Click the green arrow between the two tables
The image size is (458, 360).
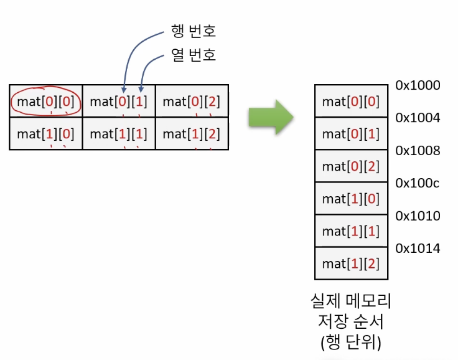[271, 116]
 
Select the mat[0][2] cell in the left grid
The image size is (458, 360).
[192, 102]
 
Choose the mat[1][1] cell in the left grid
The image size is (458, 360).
[119, 133]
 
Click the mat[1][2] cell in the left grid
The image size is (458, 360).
[192, 133]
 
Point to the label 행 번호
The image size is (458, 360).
[194, 31]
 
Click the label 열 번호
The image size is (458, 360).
[194, 55]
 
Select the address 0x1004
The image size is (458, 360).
[418, 118]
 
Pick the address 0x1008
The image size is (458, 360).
[418, 151]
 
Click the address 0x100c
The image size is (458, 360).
[418, 184]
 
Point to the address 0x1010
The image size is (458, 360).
[418, 216]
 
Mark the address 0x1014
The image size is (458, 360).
[418, 249]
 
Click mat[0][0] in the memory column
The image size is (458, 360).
[351, 101]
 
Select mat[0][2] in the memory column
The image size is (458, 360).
[351, 166]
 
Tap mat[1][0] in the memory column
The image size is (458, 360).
[351, 199]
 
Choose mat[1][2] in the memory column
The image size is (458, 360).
[351, 263]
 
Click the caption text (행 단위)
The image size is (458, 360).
[350, 343]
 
